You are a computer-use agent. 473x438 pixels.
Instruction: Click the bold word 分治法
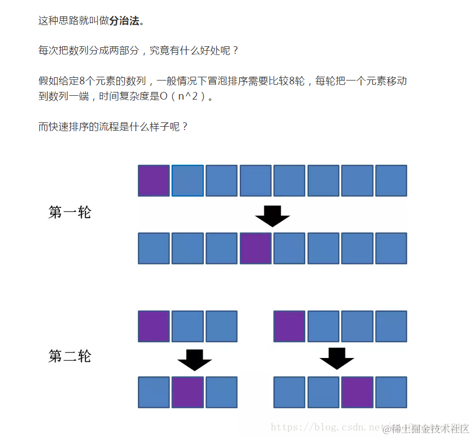[124, 21]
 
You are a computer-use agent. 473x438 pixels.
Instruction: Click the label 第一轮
[70, 212]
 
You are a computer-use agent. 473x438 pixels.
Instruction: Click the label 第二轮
[70, 356]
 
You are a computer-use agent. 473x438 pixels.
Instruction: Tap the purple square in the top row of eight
[154, 181]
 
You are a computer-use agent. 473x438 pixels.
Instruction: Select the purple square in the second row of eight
[256, 248]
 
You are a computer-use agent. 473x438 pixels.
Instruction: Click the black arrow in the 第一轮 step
[272, 215]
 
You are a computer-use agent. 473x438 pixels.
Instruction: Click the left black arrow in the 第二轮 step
[195, 360]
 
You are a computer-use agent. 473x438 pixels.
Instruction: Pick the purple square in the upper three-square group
[154, 326]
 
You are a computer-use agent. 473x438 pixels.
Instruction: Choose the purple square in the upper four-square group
[289, 326]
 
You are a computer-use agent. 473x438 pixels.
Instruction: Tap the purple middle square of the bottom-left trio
[187, 392]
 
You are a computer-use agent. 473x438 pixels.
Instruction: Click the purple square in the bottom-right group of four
[357, 392]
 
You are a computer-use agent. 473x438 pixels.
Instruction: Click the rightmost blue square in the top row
[391, 181]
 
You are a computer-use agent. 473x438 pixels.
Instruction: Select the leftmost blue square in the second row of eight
[154, 248]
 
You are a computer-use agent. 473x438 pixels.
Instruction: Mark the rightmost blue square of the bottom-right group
[391, 392]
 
